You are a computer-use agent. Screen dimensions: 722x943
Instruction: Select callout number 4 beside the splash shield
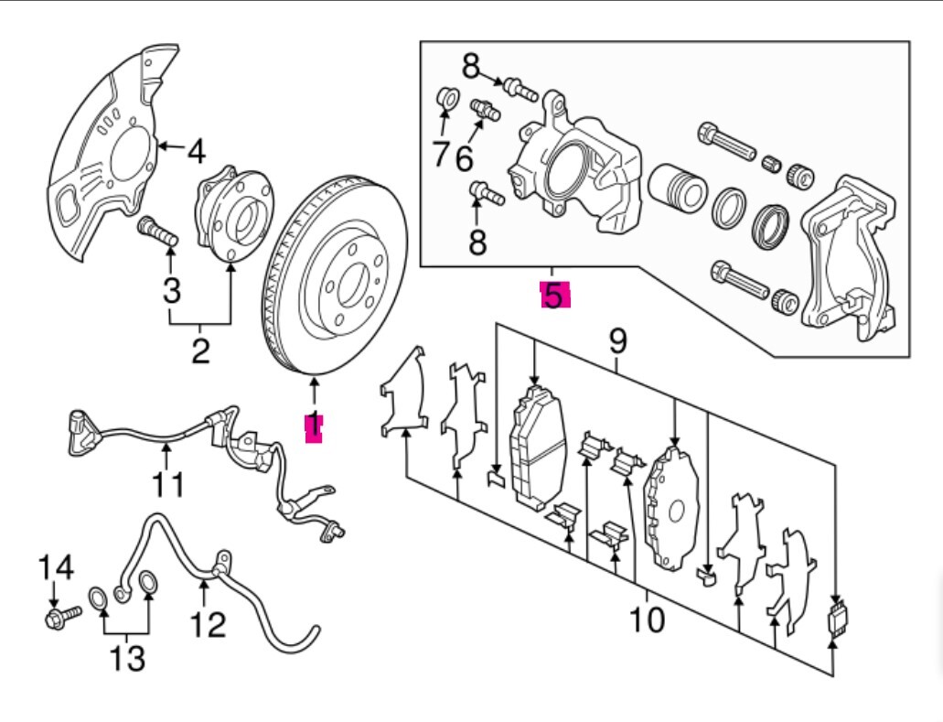[195, 150]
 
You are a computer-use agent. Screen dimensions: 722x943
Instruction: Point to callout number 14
[55, 568]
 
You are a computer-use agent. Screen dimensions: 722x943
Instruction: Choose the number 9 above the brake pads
[618, 343]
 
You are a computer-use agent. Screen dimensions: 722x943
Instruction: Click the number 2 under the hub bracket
[200, 350]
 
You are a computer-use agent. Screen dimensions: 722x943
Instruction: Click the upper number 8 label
[470, 65]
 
